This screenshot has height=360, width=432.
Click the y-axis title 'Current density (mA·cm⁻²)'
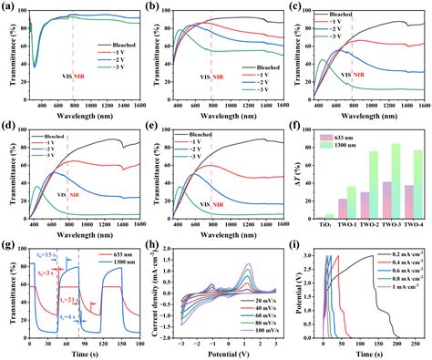[158, 296]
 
